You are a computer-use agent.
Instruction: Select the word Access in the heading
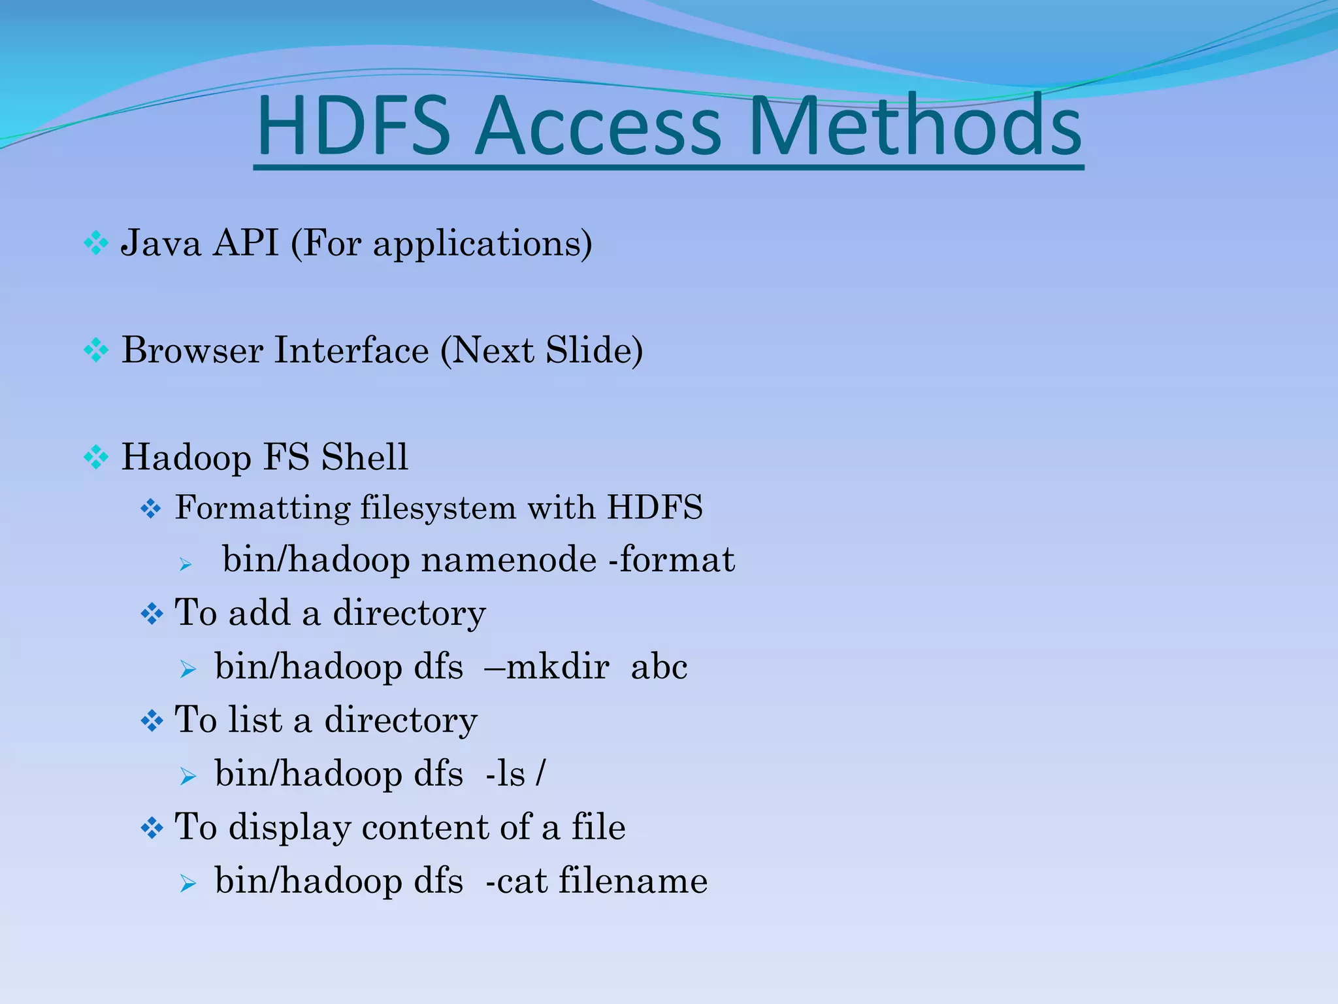598,127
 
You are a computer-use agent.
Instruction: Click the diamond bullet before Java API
96,244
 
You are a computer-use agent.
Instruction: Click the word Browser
192,350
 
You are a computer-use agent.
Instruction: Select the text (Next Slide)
542,350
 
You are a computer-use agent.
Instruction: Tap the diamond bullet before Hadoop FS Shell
96,458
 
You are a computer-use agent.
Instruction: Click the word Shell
364,457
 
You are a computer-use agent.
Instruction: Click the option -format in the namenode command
671,560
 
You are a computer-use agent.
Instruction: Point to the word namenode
508,560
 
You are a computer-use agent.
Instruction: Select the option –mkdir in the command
547,667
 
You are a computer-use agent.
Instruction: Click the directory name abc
659,667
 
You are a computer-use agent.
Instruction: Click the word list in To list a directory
255,720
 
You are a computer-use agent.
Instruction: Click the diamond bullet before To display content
152,829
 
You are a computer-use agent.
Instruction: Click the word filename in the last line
632,881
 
